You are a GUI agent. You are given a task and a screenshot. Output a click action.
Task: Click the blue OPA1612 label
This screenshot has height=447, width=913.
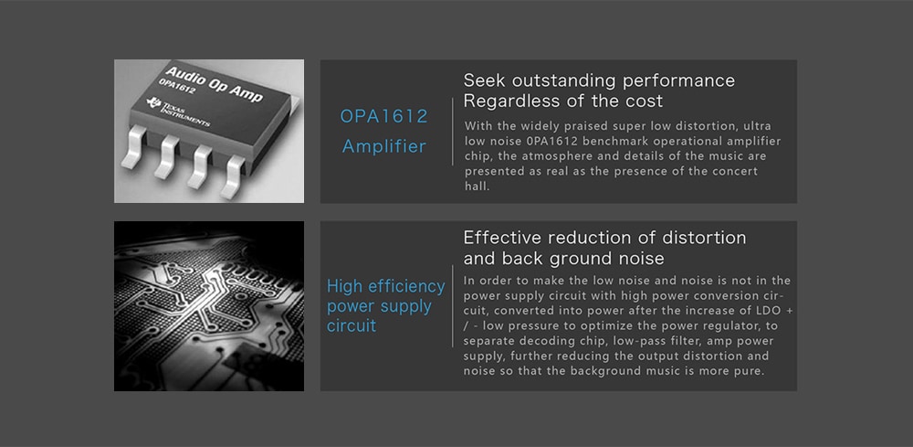pos(383,116)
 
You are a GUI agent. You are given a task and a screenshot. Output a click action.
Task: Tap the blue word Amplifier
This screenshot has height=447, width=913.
pos(383,145)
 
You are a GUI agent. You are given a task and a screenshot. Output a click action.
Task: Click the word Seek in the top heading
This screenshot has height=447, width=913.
pos(485,80)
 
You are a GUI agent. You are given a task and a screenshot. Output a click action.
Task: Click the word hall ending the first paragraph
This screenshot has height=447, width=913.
pos(476,186)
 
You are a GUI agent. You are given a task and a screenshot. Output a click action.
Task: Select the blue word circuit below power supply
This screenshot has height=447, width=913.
pos(352,325)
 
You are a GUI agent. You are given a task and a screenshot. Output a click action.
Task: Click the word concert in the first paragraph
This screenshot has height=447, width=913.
pos(737,171)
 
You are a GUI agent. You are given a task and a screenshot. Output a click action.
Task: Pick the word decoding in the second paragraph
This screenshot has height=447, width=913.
pos(536,341)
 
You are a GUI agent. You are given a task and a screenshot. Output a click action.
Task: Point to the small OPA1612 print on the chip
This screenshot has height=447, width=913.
pos(176,88)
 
